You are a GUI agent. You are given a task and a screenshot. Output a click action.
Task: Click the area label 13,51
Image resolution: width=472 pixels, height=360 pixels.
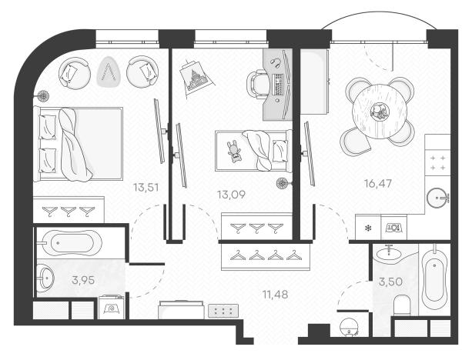146,188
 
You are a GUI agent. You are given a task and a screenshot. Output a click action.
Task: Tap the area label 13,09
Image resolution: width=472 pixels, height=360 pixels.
231,195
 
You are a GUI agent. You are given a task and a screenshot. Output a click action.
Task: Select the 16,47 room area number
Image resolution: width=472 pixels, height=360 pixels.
378,183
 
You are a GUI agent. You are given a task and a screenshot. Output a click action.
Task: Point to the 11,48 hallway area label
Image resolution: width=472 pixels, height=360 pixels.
275,295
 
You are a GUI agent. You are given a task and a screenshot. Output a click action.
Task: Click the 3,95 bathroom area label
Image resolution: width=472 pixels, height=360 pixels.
83,280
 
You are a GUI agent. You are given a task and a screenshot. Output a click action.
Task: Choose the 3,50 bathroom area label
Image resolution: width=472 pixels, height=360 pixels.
390,282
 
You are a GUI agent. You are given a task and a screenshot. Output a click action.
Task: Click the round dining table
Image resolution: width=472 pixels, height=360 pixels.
380,112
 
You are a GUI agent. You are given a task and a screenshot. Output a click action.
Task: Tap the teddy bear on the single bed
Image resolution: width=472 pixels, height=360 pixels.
234,152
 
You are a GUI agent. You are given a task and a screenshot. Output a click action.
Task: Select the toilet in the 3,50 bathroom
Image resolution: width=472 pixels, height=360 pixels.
402,305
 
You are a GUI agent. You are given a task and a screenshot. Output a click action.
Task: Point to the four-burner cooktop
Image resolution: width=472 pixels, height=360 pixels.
437,163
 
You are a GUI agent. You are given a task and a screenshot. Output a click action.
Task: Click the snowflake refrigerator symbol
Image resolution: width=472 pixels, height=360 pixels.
368,228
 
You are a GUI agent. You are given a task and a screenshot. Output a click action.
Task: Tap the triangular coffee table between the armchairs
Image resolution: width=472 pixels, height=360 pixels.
109,72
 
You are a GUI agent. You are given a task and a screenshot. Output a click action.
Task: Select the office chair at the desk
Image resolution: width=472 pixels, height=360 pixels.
257,84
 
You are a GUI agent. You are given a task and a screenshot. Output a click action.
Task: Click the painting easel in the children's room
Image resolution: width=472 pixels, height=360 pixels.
196,77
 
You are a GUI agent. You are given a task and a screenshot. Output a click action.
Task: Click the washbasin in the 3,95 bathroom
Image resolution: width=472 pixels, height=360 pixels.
45,278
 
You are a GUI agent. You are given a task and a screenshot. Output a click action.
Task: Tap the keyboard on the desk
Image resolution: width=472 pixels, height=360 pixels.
277,85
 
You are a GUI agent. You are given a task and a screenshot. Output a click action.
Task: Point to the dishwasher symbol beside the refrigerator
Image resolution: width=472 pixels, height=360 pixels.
393,227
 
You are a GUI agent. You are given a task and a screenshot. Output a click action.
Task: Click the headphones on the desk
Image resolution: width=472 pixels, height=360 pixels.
276,62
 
